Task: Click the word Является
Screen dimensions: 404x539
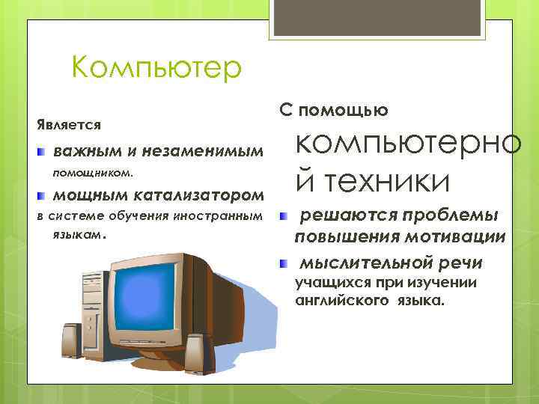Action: tap(69, 123)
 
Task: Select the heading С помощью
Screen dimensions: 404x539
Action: tap(333, 111)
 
